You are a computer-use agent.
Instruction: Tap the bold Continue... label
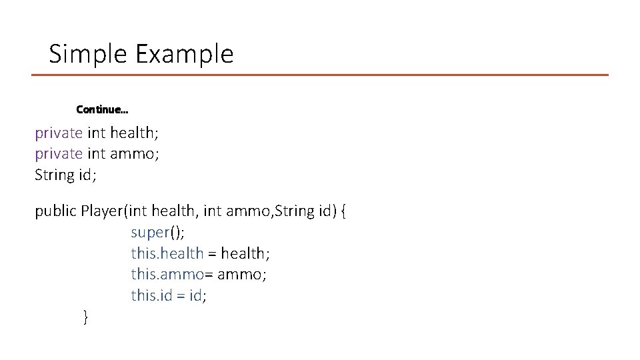102,109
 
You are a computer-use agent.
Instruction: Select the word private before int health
59,133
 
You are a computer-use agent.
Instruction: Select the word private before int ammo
59,154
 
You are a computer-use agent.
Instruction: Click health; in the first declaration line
134,133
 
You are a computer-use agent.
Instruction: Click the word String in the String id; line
54,175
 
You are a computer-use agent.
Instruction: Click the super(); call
158,233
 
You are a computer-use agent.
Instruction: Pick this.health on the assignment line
167,253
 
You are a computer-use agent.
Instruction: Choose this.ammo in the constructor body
167,274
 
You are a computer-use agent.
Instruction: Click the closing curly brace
85,317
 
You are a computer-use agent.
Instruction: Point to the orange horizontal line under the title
320,75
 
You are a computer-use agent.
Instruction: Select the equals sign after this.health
211,254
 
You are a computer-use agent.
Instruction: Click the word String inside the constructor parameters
293,211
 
